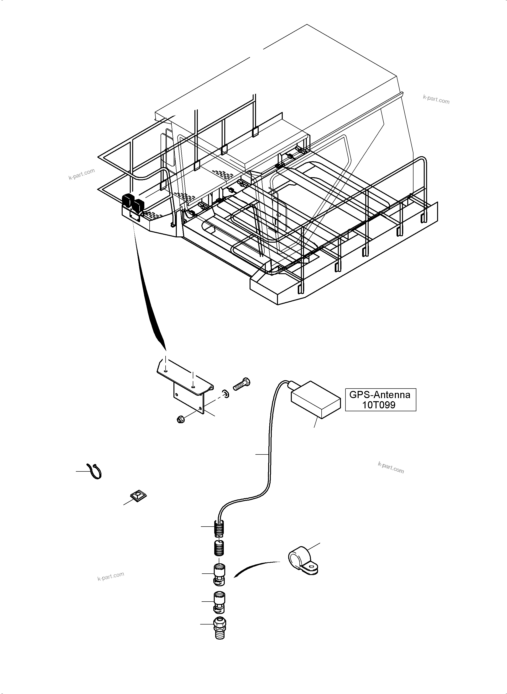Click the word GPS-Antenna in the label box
pos(380,395)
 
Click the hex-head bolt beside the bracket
pos(242,384)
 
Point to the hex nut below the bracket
pos(181,418)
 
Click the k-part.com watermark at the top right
pos(436,99)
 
